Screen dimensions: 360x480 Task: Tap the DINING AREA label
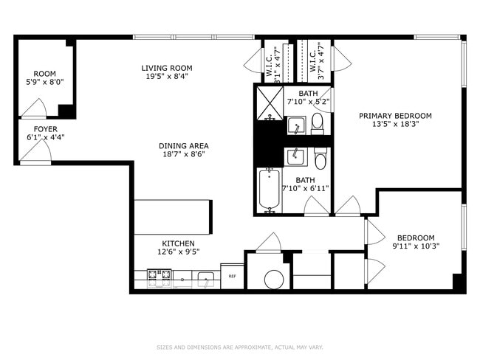183,145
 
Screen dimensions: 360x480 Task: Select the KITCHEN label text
178,243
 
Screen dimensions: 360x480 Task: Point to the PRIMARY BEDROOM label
395,116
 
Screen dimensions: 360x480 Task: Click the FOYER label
36,128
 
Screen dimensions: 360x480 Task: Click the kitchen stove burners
159,277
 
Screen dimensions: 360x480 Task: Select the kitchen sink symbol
205,278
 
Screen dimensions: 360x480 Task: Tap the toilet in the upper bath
318,122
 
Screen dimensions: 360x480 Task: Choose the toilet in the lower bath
320,158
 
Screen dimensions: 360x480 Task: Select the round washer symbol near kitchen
272,278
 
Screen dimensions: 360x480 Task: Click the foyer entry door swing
35,152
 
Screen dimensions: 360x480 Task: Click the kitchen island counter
173,216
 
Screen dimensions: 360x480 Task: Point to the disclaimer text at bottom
240,347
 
